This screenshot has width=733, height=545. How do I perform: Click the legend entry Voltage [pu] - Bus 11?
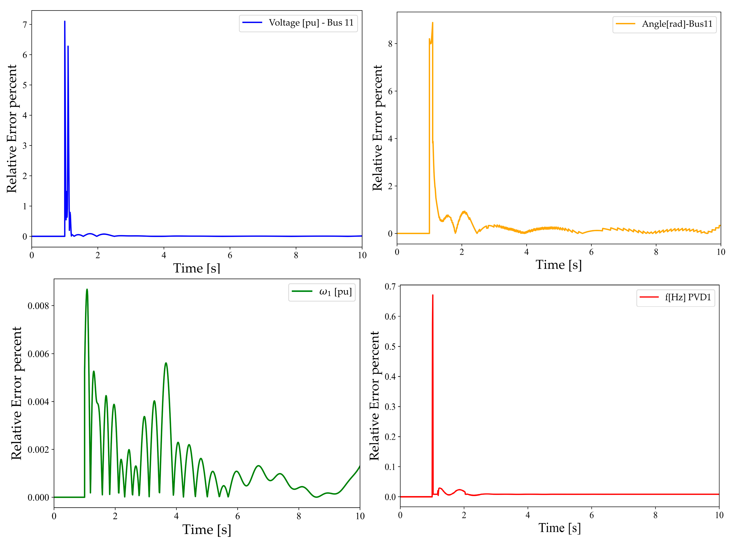tap(311, 23)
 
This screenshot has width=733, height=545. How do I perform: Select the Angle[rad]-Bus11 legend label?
tap(677, 24)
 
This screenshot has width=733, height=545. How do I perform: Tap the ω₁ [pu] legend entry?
tap(335, 292)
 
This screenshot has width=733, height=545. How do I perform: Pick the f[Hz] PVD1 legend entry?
tap(687, 298)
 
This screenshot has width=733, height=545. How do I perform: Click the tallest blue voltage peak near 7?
tap(65, 22)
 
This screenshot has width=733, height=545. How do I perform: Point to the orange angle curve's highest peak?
tap(432, 23)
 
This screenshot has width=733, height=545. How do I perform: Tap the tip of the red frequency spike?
tap(432, 295)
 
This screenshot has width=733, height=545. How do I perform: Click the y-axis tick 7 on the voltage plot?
tap(25, 25)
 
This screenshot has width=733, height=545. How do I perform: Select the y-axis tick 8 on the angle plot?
tap(390, 44)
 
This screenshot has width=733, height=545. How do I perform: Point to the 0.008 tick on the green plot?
tap(38, 306)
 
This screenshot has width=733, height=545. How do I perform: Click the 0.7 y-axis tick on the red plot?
tap(390, 286)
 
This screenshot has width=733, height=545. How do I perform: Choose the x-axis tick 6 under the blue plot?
tap(230, 255)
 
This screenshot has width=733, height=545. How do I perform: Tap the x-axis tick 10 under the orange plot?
tap(721, 252)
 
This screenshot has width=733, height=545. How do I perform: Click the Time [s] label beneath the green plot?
tap(207, 530)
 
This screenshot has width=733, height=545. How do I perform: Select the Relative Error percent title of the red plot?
tap(374, 396)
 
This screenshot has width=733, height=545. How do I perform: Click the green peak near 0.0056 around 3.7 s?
tap(166, 363)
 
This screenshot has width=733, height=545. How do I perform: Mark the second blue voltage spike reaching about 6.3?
tap(68, 46)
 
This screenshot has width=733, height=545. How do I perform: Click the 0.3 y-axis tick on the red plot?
tap(390, 407)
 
